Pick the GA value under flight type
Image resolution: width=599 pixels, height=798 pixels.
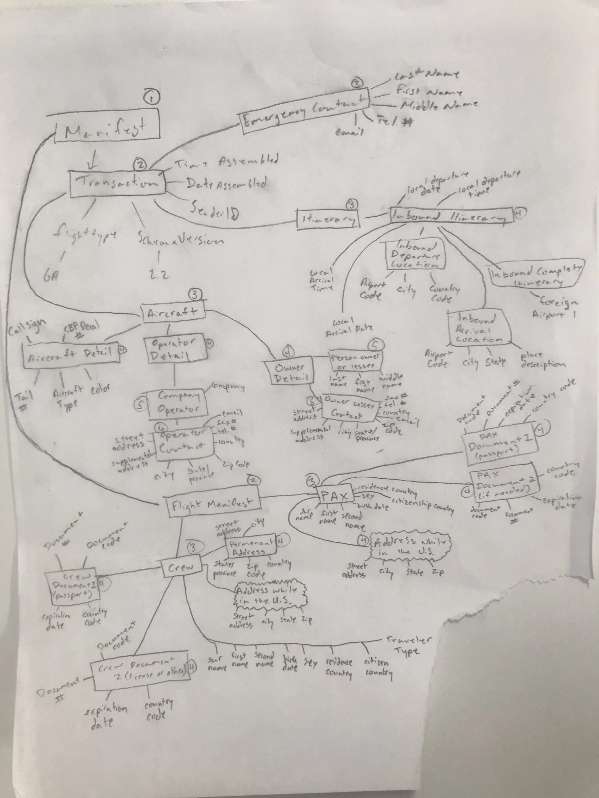click(51, 277)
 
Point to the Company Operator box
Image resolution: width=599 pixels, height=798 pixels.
click(178, 403)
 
